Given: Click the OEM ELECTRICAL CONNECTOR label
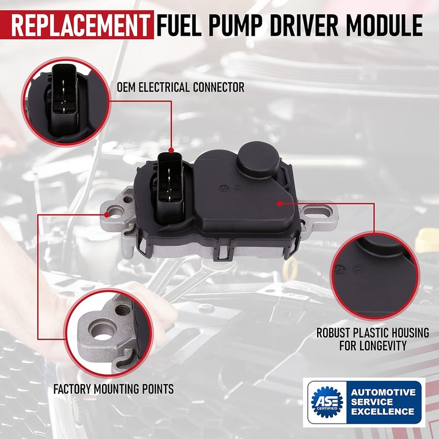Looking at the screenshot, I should [180, 87].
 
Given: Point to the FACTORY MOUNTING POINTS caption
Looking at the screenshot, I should [114, 389].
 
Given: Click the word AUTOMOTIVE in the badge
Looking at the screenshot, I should [383, 392].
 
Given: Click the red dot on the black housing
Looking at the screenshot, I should [279, 203].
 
